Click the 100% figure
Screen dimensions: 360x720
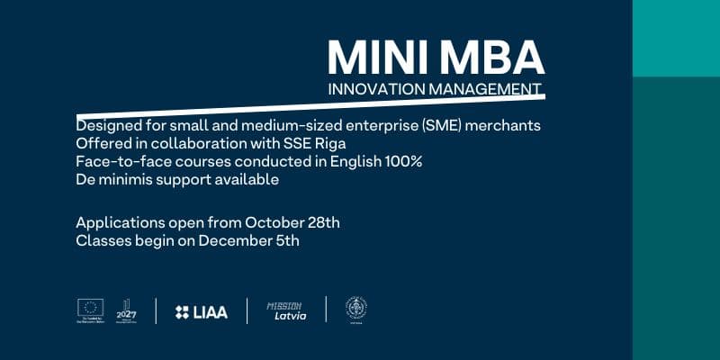coord(403,161)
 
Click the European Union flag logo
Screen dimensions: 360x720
coord(91,308)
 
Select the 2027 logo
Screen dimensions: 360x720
coord(126,310)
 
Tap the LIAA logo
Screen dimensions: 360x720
coord(202,311)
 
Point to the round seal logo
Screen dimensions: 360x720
coord(356,310)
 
